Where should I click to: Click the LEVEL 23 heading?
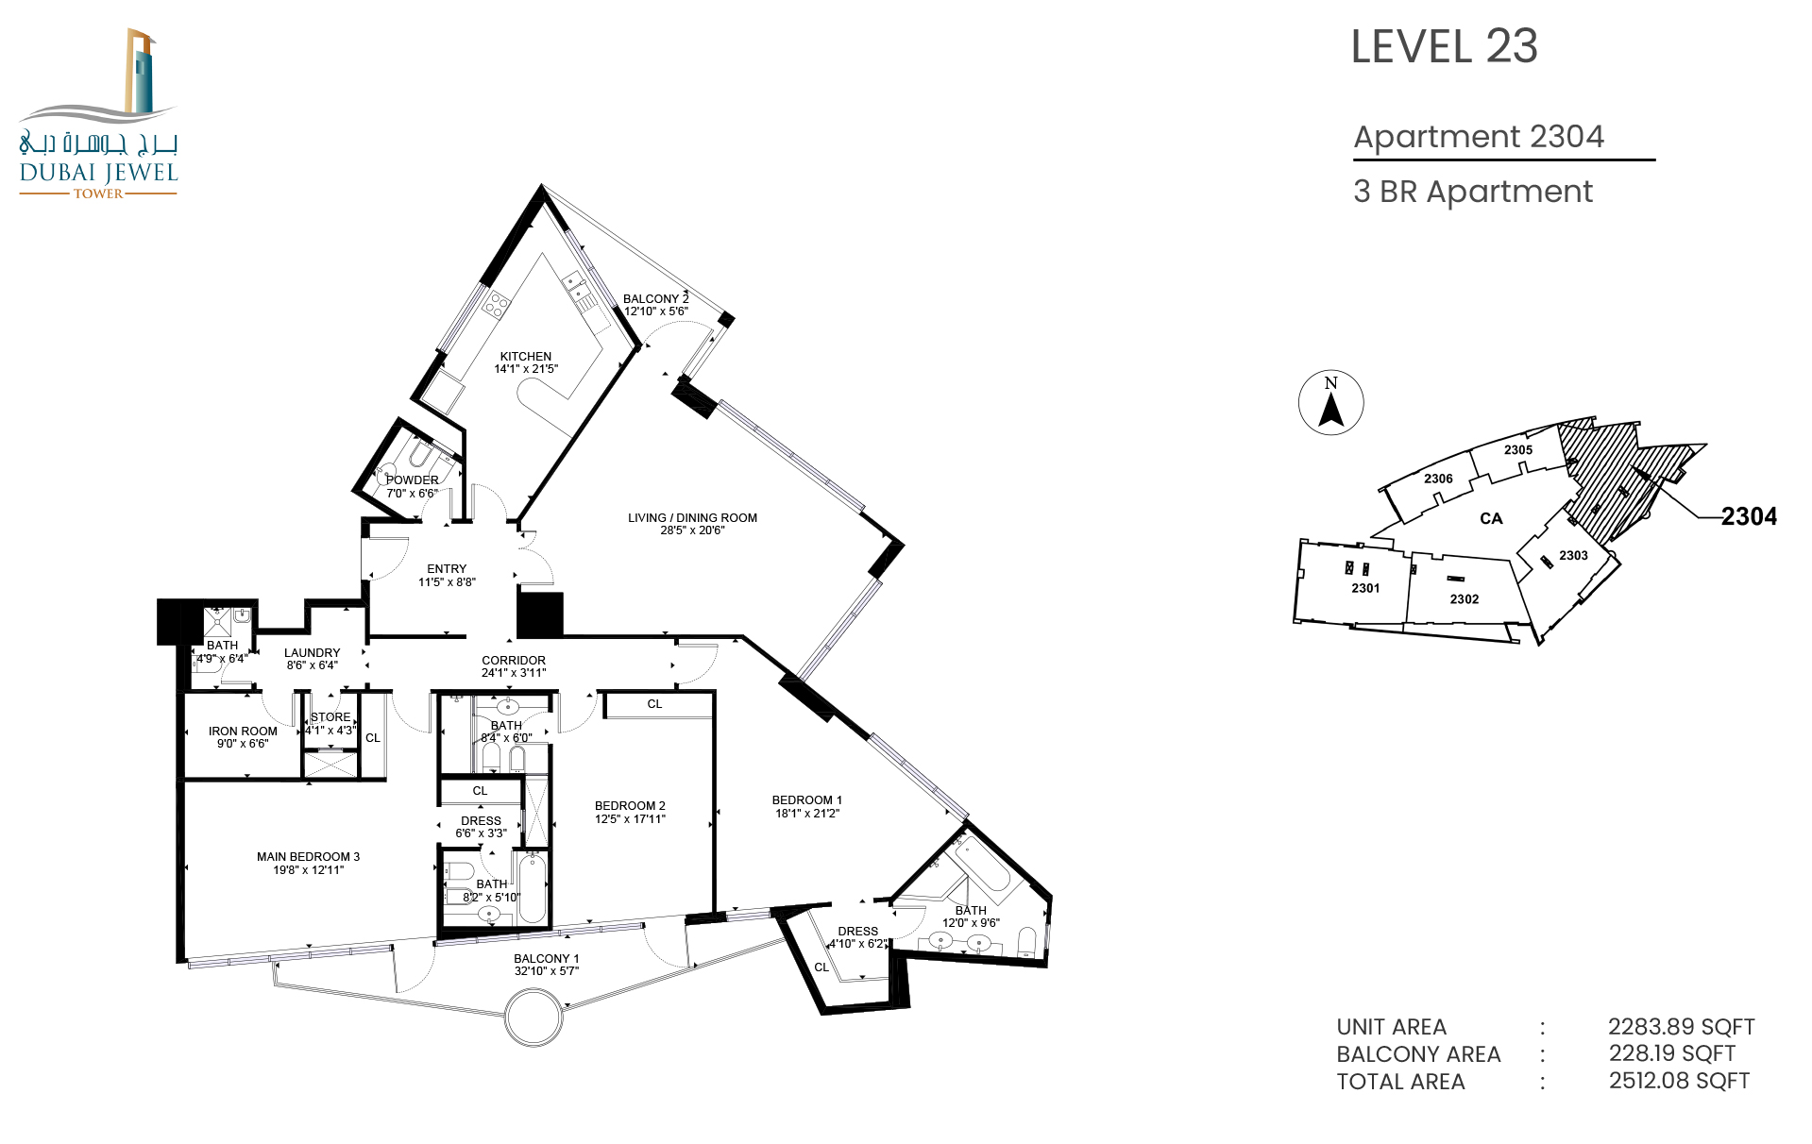coord(1444,46)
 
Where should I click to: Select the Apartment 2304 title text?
coord(1479,137)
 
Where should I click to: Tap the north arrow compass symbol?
coord(1330,402)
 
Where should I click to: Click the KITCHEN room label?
coord(526,357)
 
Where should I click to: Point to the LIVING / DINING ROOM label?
coord(692,517)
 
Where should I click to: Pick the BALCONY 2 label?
coord(656,298)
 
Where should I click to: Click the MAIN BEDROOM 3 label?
coord(308,857)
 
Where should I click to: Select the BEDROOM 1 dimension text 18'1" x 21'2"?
coord(807,813)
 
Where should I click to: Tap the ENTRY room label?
coord(447,569)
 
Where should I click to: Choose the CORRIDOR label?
coord(514,661)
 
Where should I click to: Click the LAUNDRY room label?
coord(312,653)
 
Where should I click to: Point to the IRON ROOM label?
coord(243,732)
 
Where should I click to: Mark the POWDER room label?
coord(413,480)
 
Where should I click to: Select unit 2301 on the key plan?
coord(1365,588)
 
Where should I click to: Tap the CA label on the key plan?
coord(1491,518)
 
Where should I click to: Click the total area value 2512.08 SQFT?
coord(1679,1081)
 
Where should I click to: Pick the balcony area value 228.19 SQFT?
coord(1672,1053)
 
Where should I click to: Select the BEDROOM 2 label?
coord(630,806)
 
